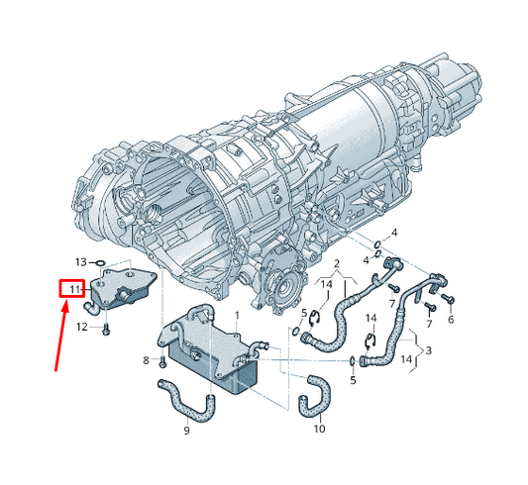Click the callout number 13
81,261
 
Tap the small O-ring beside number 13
101,262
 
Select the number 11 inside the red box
74,289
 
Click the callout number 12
82,327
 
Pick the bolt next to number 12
106,330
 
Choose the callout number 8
146,360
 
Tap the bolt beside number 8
162,361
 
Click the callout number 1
237,316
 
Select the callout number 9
186,431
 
